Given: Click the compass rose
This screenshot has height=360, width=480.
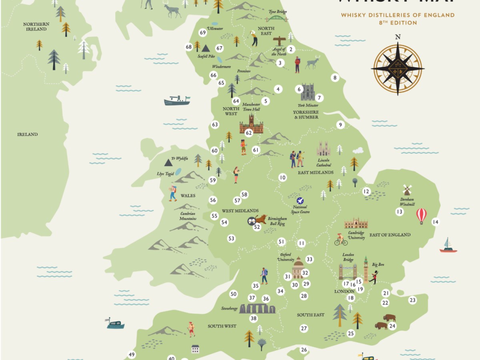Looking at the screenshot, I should tap(398, 68).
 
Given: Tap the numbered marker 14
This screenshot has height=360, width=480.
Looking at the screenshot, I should tap(435, 222).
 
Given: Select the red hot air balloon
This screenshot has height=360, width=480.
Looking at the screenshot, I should tap(421, 216).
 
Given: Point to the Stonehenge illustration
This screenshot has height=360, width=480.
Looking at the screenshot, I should tap(260, 308).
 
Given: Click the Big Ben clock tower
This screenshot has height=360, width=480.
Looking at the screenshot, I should tap(366, 269).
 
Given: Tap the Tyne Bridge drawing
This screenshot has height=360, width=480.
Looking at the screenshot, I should tap(277, 18).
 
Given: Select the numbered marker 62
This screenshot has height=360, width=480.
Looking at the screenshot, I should tap(249, 133).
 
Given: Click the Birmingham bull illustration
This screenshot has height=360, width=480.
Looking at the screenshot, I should tap(260, 220).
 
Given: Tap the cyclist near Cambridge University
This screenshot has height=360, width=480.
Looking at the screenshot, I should tap(340, 240).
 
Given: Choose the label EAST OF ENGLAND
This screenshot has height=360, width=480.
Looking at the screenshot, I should tap(390, 235).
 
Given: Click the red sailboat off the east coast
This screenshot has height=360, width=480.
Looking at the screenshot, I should tap(448, 246).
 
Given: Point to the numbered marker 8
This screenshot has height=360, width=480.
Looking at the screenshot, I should tap(335, 78).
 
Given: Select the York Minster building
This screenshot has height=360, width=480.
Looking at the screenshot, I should tap(308, 92).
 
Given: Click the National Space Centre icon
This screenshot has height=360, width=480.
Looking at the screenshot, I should tap(300, 200).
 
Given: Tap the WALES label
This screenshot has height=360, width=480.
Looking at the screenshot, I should tap(188, 196).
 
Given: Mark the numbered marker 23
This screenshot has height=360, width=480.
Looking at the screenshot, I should tap(412, 300).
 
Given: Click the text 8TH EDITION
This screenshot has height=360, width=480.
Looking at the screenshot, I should tap(398, 23).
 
